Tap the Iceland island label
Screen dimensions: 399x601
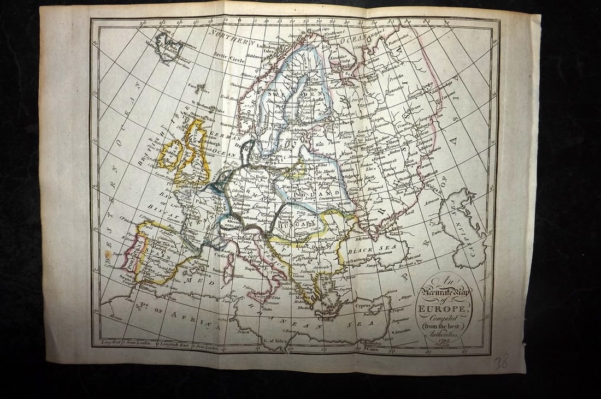pyautogui.click(x=170, y=46)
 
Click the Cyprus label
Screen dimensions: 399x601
pyautogui.click(x=363, y=307)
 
